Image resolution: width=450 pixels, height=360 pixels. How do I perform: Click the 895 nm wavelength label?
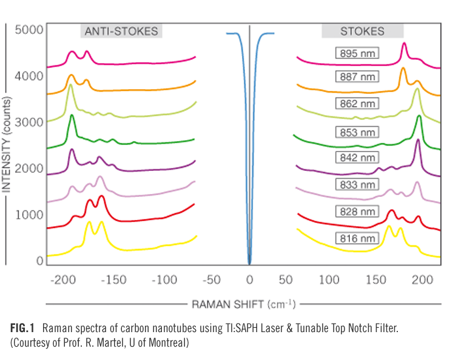tap(358, 54)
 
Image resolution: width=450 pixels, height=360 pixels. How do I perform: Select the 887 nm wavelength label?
tap(358, 76)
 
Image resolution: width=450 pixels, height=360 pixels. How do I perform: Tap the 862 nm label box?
tap(358, 104)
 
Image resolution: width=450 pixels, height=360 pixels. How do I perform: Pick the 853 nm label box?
tap(358, 132)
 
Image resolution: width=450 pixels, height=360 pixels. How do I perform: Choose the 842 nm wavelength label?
tap(358, 157)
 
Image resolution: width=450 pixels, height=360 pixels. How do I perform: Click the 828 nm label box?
tap(358, 211)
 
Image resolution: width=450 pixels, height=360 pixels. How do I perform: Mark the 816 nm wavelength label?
tap(358, 238)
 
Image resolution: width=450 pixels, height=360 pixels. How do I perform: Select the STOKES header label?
tap(362, 31)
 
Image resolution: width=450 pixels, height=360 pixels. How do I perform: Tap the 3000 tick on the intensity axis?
tap(29, 122)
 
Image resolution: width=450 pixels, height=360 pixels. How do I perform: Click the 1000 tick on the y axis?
tap(29, 215)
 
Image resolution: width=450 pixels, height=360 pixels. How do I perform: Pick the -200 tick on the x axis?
tap(62, 281)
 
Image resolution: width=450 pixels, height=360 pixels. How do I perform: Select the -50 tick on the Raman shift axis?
tap(209, 281)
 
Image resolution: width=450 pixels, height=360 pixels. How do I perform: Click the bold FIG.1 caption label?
tap(23, 328)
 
